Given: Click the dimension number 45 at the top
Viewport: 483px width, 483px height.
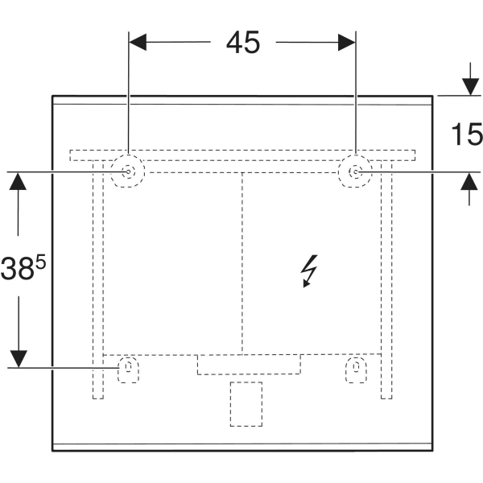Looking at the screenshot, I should coord(242,43).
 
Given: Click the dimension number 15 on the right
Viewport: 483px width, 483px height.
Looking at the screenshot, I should coord(464,134).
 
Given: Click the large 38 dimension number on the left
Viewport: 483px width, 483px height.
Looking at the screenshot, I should coord(17,268).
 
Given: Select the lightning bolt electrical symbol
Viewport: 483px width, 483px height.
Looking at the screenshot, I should coord(309,270).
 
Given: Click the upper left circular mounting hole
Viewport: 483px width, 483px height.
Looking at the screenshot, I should coord(127,171).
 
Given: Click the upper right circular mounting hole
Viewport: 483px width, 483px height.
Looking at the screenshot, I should coord(355,171).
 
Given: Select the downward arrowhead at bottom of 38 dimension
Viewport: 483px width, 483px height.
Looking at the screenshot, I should coord(18,358).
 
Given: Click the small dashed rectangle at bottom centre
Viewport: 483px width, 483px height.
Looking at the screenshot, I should coord(246,403).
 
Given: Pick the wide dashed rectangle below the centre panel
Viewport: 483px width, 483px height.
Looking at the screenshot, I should coord(249,365).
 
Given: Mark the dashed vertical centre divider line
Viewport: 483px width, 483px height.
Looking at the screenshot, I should coord(242,262).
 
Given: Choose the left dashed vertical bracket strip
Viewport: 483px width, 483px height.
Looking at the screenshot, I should coord(98,282).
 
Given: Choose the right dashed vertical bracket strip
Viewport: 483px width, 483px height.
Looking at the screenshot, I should coord(386,282).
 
